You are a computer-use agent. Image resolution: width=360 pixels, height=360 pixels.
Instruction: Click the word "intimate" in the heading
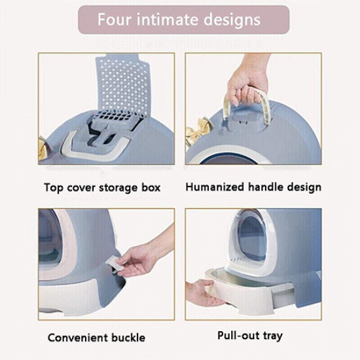coord(167,19)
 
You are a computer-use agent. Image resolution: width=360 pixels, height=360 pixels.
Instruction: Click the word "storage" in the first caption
coord(118,188)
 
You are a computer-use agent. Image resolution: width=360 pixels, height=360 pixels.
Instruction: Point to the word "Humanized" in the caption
coord(215,187)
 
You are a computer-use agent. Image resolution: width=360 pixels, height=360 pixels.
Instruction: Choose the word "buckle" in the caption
coord(128,338)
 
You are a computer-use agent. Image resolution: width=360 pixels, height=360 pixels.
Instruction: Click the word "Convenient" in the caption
coord(78,338)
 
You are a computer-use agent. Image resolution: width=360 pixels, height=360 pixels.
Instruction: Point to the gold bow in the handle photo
coord(200,129)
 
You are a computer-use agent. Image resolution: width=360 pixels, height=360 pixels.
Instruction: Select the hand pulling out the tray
coord(202,294)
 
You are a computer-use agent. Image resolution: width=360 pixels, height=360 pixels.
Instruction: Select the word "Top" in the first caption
coord(54,188)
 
